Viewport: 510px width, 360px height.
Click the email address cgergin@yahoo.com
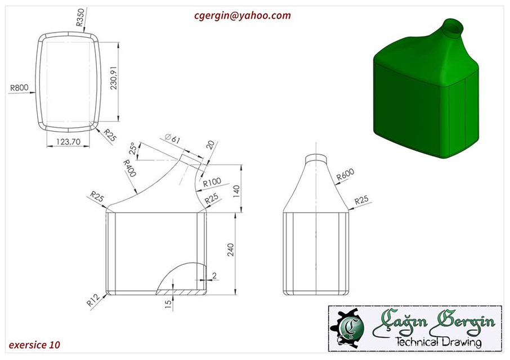243,16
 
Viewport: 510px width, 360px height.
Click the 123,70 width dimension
68,142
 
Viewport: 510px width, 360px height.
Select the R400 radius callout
130,168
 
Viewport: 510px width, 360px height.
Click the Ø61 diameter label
172,138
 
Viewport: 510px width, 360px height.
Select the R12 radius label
93,300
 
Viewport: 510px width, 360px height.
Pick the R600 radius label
345,175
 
